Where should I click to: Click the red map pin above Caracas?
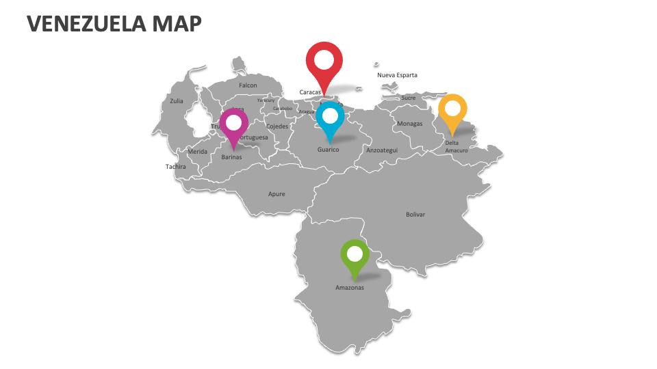coord(324,60)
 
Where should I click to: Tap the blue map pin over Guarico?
coord(330,118)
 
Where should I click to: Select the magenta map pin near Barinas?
coord(234,124)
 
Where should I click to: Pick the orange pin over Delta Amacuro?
coord(452,109)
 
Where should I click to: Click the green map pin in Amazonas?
coord(355,255)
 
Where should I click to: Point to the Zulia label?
coord(177,101)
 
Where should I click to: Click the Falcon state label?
coord(248,85)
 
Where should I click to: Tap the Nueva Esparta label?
coord(397,75)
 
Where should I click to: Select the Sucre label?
coord(408,98)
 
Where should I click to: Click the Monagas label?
coord(410,124)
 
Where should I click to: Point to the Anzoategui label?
coord(382,150)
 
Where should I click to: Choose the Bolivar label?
coord(415,215)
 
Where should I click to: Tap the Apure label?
coord(276,194)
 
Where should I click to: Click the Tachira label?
coord(175,166)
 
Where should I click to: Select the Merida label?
coord(197,152)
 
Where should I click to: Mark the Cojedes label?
coord(277,126)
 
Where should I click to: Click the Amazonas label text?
coord(350,288)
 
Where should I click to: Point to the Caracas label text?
coord(310,92)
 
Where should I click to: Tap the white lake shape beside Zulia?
coord(196,119)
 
